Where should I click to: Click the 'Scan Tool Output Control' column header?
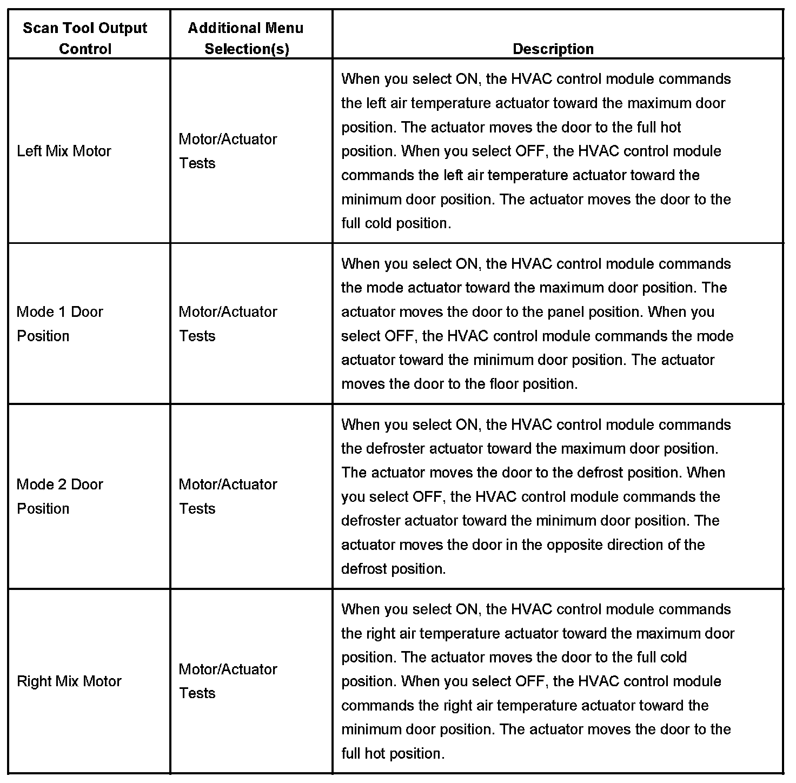click(85, 38)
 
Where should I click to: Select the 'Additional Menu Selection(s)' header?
click(246, 38)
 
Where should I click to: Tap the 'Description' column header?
click(553, 49)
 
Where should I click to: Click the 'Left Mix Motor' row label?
click(64, 151)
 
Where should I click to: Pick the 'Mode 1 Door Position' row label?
click(59, 323)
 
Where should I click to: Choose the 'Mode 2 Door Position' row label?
click(59, 496)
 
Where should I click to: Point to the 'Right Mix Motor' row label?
click(69, 681)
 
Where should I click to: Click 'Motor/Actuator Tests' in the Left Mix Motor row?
click(228, 151)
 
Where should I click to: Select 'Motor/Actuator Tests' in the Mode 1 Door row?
click(228, 323)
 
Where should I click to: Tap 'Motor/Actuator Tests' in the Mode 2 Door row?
click(228, 496)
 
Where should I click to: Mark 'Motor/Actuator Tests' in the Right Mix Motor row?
click(228, 681)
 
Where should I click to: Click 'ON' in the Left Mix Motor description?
click(467, 79)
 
